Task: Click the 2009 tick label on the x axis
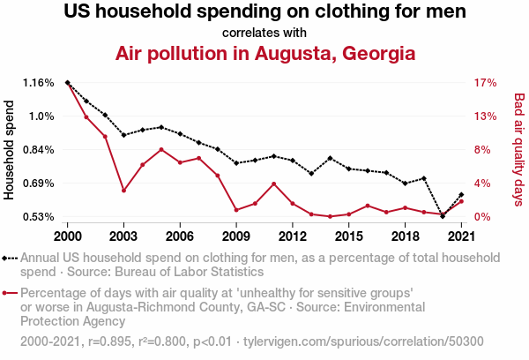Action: (235, 236)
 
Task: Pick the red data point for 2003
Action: (123, 191)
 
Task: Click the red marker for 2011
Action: (274, 184)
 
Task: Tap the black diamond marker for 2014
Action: (330, 158)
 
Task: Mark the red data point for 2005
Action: (161, 149)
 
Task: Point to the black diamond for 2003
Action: (123, 135)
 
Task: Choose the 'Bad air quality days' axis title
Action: (518, 150)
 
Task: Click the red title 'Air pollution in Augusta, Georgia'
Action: (264, 53)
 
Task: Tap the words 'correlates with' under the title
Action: (264, 34)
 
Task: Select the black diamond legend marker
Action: (7, 259)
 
